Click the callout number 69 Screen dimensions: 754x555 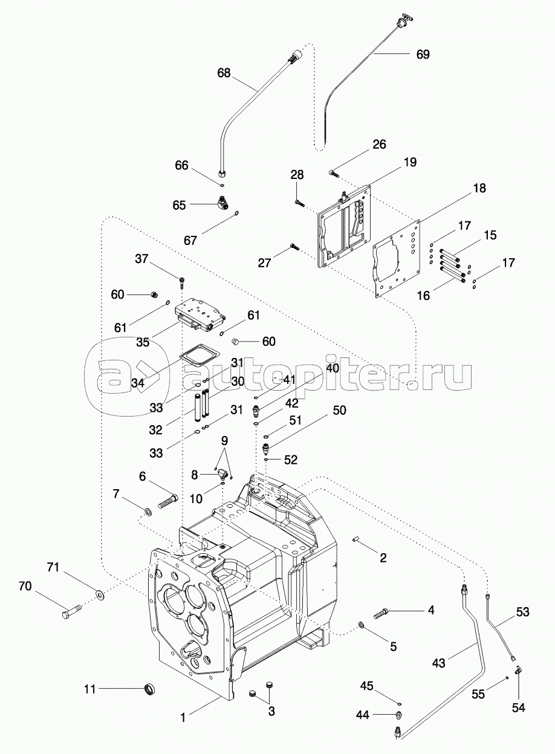pyautogui.click(x=423, y=54)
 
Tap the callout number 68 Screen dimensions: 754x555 pyautogui.click(x=224, y=73)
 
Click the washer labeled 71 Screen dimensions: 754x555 pyautogui.click(x=99, y=595)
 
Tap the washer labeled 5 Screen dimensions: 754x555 pyautogui.click(x=361, y=624)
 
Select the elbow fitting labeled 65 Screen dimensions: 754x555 pyautogui.click(x=221, y=206)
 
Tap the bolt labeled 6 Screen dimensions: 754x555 pyautogui.click(x=168, y=501)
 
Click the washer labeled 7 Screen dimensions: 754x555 pyautogui.click(x=147, y=513)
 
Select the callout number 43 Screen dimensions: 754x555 pyautogui.click(x=438, y=663)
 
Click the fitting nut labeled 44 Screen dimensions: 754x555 pyautogui.click(x=398, y=715)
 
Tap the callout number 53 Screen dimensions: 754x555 pyautogui.click(x=523, y=613)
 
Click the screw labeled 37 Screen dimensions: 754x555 pyautogui.click(x=181, y=281)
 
